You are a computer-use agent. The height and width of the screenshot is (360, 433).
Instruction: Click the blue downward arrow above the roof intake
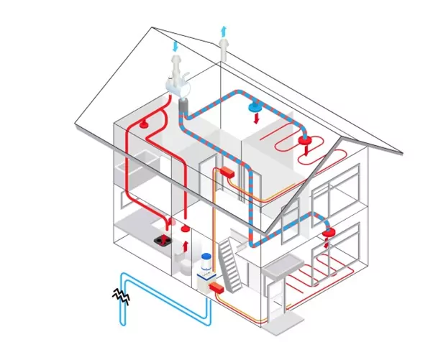[x=175, y=47]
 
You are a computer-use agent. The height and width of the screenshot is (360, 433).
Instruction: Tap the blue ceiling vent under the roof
[x=255, y=109]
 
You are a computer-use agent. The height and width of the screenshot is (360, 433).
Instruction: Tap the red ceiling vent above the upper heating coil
[x=305, y=142]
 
